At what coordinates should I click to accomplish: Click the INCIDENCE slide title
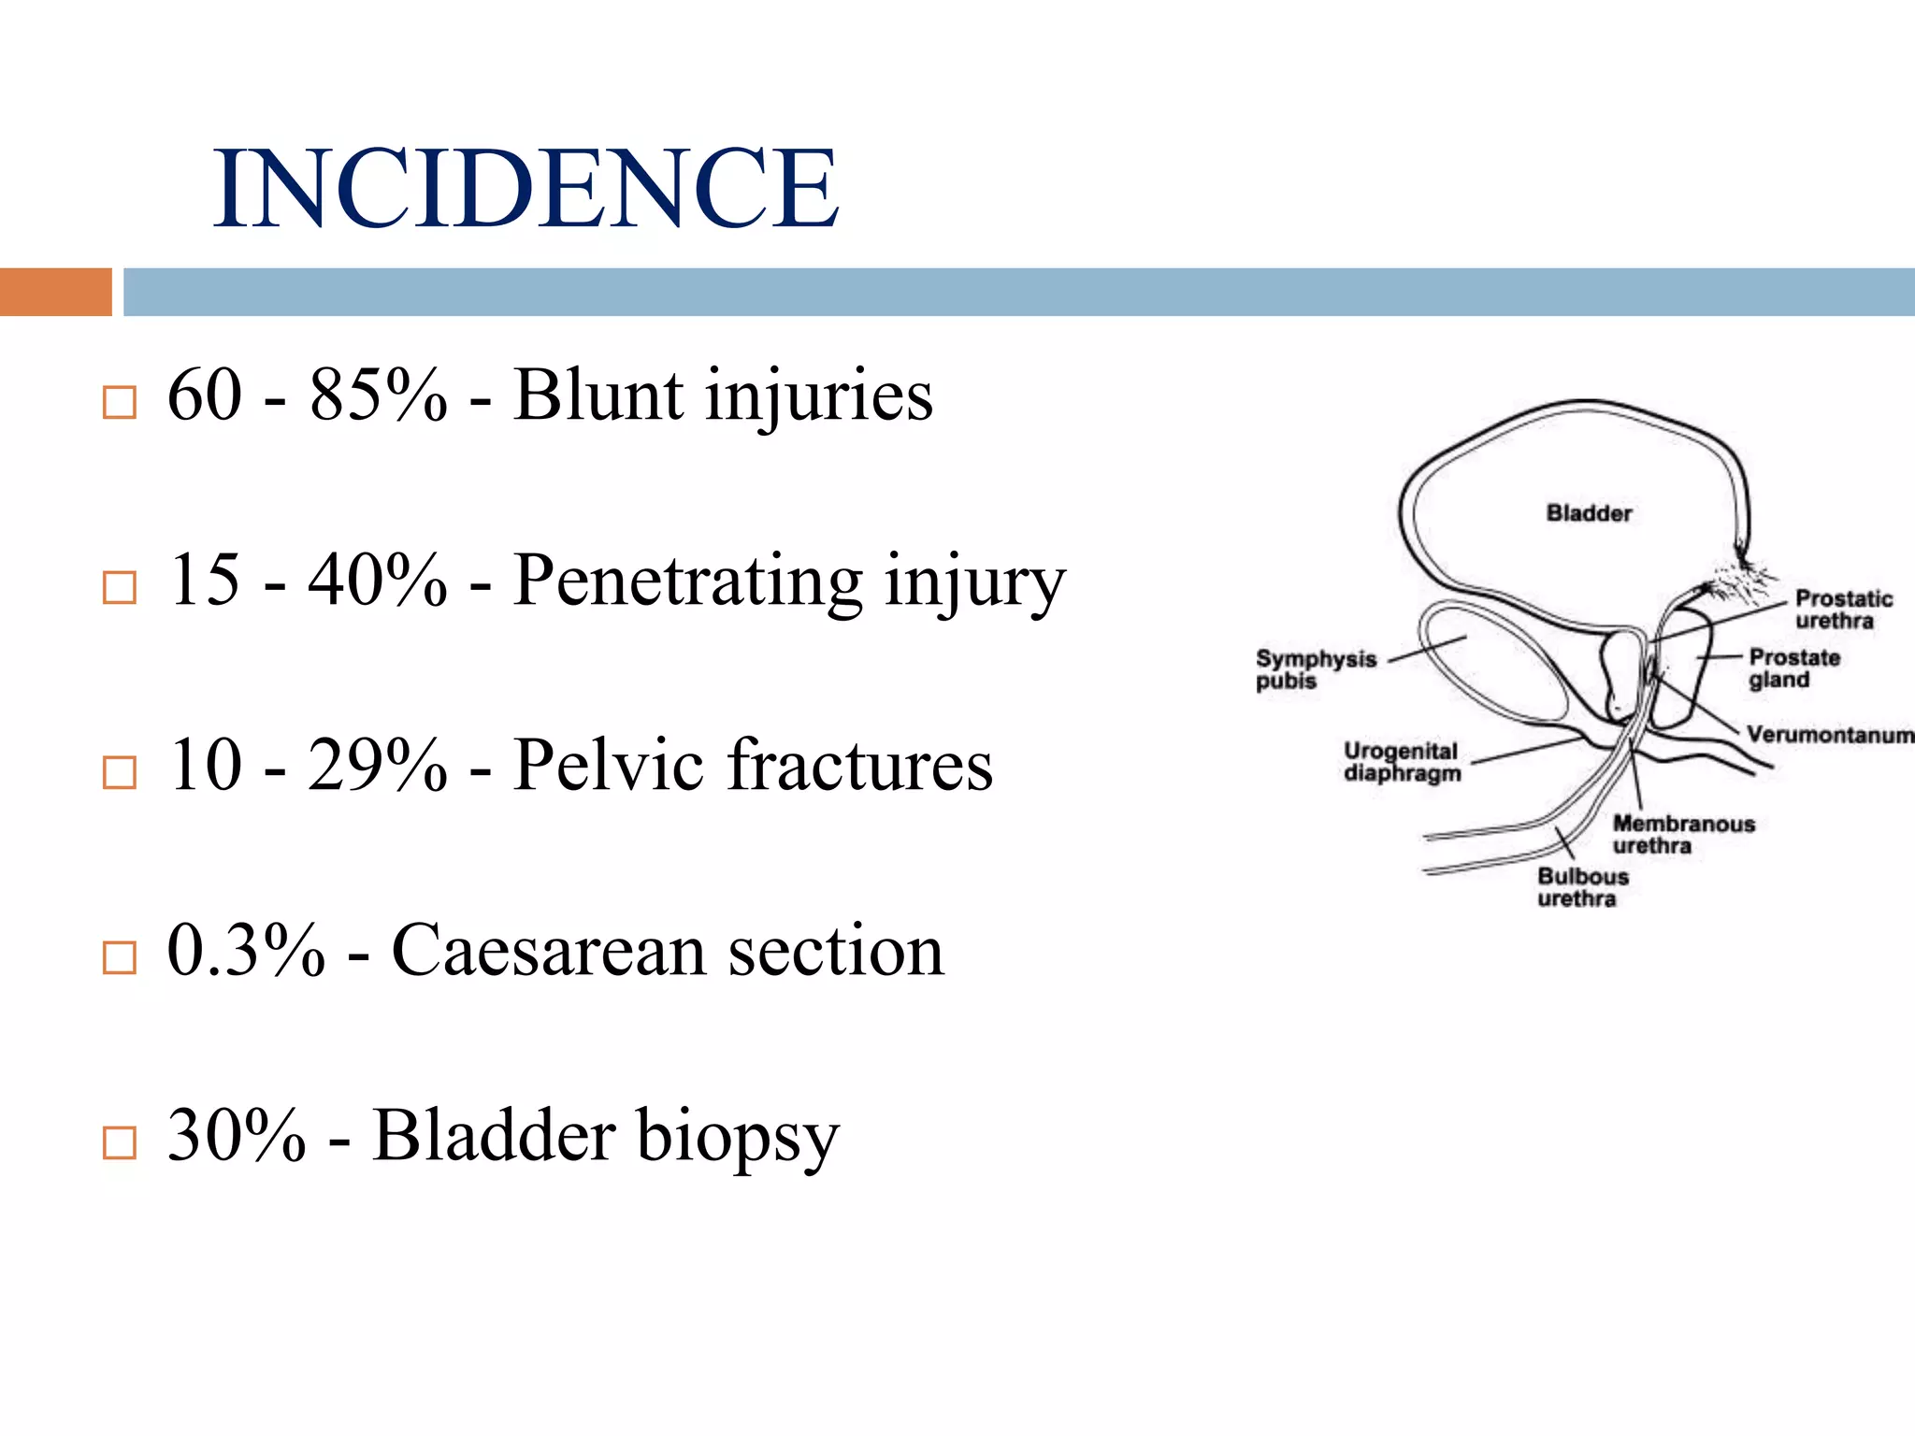coord(526,189)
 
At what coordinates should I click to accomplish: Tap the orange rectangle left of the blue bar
coord(55,292)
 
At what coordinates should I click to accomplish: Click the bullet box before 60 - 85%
coord(119,403)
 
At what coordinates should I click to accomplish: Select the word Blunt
coord(598,395)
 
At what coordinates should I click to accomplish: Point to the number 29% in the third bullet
coord(377,766)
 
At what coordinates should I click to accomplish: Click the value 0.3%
coord(246,951)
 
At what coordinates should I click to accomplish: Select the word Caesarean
coord(548,951)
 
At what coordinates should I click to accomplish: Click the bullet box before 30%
coord(119,1142)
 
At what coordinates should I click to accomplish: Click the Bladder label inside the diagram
coord(1589,513)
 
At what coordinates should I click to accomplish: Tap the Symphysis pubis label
coord(1315,669)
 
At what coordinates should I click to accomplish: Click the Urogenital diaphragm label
coord(1401,762)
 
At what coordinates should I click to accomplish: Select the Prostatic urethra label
coord(1842,610)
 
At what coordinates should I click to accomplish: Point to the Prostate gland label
coord(1793,668)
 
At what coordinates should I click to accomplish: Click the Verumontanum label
coord(1829,735)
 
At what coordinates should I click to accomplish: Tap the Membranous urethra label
coord(1683,834)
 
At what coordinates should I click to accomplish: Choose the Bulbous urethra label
coord(1582,887)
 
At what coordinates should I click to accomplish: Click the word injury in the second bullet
coord(974,582)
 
